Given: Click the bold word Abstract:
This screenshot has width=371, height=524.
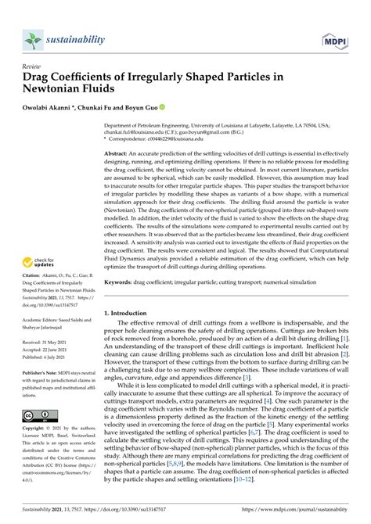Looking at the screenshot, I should [119, 155].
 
